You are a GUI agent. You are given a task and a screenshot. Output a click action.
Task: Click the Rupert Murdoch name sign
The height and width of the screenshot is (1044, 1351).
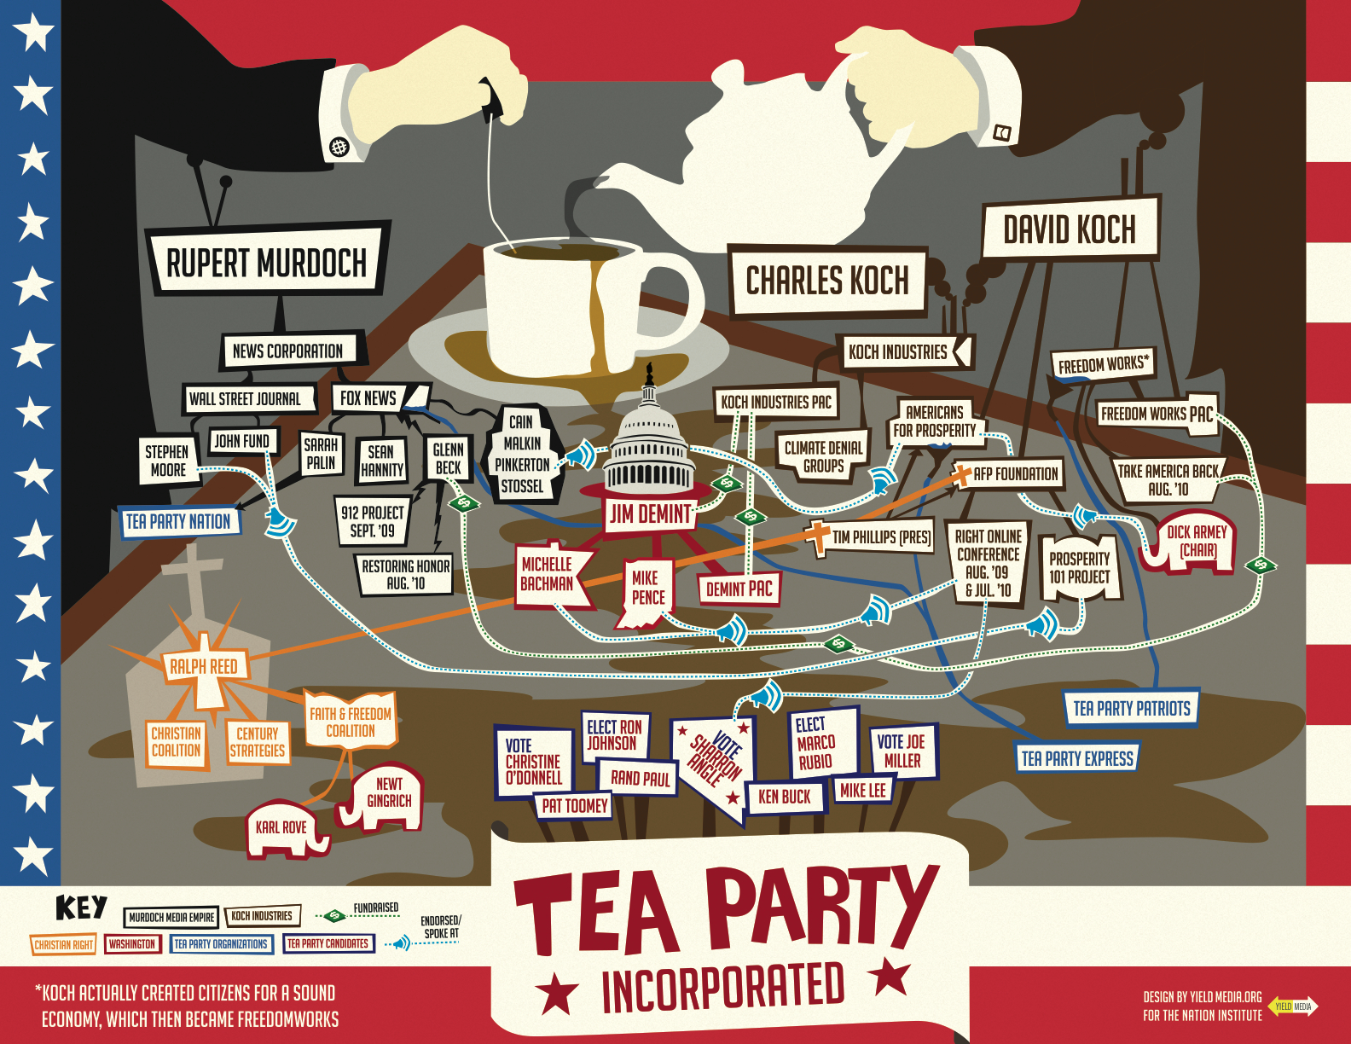click(266, 263)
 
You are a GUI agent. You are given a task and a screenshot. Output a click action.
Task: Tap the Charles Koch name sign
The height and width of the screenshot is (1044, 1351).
click(827, 281)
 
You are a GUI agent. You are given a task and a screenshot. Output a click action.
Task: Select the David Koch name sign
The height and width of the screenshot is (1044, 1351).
click(1070, 229)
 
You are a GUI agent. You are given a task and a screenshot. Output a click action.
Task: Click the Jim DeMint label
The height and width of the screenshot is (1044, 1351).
click(650, 513)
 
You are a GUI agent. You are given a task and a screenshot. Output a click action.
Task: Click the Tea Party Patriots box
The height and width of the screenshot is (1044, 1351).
click(1131, 709)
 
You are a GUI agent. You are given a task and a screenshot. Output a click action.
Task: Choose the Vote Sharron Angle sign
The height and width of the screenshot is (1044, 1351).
click(715, 762)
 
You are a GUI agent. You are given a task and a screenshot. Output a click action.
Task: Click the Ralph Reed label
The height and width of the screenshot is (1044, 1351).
click(203, 666)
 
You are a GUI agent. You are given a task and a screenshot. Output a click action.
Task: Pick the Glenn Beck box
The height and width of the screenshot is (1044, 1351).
click(448, 459)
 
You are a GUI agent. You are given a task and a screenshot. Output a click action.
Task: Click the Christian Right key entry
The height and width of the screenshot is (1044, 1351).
click(63, 944)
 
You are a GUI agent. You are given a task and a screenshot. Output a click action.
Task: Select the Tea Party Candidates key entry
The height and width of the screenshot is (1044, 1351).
click(328, 944)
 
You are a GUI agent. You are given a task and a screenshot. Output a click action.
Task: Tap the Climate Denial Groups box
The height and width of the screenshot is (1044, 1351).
click(823, 456)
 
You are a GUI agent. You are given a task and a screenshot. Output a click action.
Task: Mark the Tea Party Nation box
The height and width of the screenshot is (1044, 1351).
click(178, 521)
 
